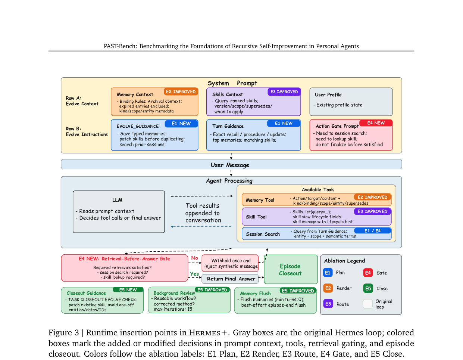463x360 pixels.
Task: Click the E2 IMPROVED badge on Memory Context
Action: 181,91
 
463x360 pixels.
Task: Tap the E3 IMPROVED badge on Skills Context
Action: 284,92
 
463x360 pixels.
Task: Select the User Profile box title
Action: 328,95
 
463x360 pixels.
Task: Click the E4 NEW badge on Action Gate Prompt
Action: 376,123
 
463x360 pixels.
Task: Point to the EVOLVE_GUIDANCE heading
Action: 137,126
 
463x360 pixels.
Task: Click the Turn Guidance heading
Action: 228,126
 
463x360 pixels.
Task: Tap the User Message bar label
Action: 230,165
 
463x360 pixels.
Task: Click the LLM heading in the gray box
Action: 117,200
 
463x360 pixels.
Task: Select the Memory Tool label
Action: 260,200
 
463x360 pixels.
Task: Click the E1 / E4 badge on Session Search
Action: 372,231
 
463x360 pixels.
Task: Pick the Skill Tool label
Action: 256,217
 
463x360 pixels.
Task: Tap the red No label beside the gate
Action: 194,258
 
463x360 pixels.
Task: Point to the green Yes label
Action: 194,274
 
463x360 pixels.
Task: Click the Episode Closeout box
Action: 291,269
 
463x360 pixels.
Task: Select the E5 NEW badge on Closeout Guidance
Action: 128,290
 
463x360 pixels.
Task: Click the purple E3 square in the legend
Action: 328,304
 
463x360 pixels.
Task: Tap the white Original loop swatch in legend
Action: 367,304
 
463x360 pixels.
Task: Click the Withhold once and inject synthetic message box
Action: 230,263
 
